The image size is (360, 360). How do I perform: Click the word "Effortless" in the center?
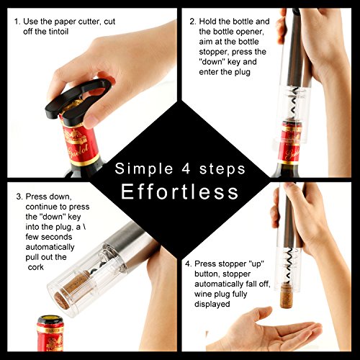(x=180, y=192)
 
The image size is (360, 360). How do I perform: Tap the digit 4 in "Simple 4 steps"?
(x=186, y=168)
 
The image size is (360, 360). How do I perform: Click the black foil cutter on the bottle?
(x=78, y=102)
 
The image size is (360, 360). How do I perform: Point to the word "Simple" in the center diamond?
(x=144, y=169)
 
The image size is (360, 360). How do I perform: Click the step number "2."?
(x=193, y=22)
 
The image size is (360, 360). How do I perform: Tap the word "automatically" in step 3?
(x=50, y=247)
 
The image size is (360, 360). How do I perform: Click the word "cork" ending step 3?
(x=36, y=267)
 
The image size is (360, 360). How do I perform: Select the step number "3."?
(x=19, y=197)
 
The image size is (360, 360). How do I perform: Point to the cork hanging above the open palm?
(x=287, y=295)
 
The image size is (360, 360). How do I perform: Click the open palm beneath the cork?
(x=269, y=330)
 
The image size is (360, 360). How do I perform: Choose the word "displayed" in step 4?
(x=212, y=304)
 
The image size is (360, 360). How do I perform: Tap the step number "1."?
(x=17, y=22)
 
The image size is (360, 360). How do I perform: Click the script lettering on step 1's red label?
(x=78, y=152)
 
